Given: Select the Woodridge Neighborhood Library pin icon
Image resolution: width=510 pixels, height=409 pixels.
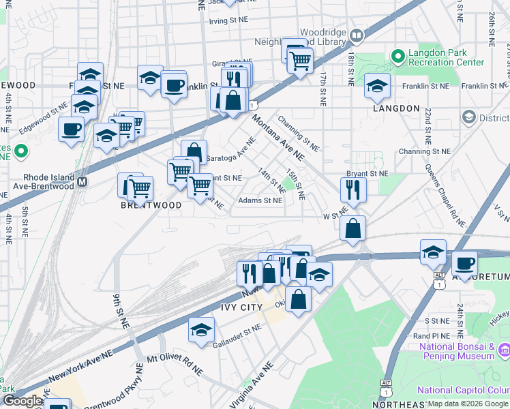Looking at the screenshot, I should (x=356, y=35).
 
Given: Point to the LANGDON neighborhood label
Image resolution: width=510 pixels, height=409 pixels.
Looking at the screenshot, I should (x=396, y=108).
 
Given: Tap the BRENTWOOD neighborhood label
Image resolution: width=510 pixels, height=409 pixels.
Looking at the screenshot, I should (x=151, y=205).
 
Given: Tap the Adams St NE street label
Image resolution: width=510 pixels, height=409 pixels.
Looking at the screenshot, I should (x=260, y=201).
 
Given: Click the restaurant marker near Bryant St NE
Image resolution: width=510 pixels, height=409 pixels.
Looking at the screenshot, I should (x=353, y=189).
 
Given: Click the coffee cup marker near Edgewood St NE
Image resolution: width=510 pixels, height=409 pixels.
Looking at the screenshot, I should (x=71, y=130).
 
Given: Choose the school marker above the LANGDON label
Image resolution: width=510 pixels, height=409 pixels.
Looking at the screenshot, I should (x=376, y=85).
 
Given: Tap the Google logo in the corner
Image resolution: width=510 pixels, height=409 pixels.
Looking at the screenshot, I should (x=22, y=401).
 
